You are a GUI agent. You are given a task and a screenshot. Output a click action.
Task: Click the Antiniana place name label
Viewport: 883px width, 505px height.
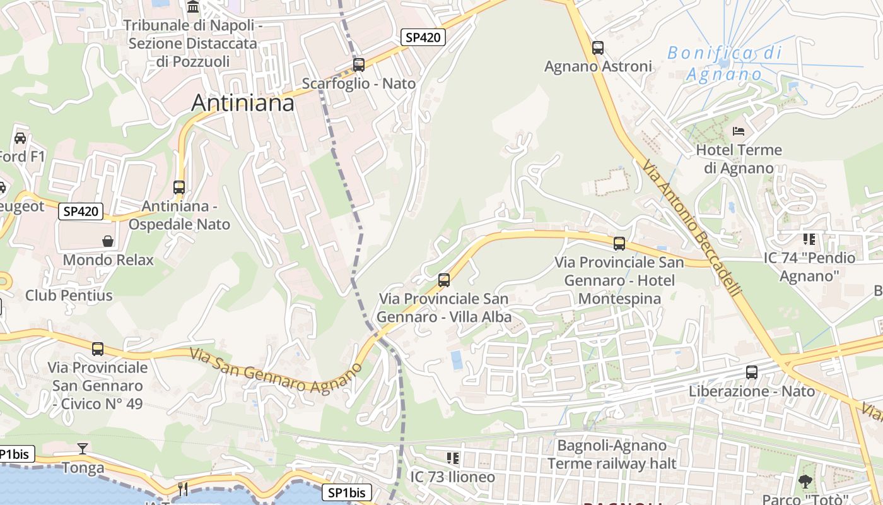click(243, 102)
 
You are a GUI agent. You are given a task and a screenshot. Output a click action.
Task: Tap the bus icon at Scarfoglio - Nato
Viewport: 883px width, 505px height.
click(359, 64)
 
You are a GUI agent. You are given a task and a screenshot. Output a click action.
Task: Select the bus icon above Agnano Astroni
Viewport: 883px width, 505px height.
click(597, 47)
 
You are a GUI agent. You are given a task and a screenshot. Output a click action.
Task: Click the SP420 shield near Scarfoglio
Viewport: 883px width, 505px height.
click(423, 37)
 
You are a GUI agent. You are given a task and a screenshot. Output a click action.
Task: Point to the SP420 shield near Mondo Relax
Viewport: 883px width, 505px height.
click(81, 211)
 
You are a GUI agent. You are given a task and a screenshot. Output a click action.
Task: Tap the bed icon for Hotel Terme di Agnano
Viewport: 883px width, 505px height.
click(739, 131)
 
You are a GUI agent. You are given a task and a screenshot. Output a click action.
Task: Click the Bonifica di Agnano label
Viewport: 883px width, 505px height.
click(724, 63)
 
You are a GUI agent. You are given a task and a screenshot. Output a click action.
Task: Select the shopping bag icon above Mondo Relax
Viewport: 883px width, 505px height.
click(108, 241)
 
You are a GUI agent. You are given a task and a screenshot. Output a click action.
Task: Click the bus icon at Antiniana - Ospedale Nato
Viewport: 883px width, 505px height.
click(179, 187)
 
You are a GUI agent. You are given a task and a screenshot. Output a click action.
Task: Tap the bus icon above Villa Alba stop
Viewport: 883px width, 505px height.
click(444, 280)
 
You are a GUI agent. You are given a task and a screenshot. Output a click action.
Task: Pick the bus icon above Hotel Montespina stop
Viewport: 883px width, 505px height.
click(619, 243)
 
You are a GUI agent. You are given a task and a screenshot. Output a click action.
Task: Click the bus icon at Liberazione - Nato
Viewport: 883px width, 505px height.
click(751, 372)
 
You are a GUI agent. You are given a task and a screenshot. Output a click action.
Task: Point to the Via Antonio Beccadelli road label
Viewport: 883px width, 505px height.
click(692, 229)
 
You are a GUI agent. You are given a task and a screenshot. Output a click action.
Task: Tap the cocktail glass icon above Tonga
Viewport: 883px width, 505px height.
click(82, 449)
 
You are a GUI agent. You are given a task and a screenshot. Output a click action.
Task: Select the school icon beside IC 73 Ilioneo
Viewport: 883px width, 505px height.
click(452, 458)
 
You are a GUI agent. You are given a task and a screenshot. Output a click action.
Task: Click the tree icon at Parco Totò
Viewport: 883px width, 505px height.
click(805, 482)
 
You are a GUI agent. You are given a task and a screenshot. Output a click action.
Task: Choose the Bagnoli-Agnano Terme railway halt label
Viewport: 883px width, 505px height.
click(611, 454)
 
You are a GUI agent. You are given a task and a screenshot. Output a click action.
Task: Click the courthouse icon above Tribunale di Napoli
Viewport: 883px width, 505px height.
click(193, 7)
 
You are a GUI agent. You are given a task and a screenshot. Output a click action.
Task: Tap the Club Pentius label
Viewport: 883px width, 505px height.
click(69, 295)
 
